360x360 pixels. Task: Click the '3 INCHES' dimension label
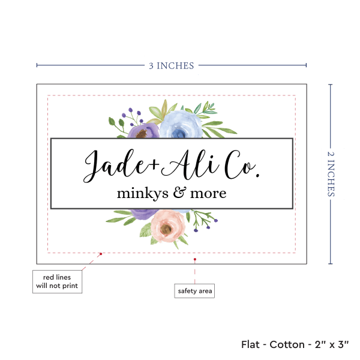[172, 66]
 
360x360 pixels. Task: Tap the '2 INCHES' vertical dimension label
[332, 173]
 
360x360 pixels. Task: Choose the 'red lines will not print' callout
[58, 281]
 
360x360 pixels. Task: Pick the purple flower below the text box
[142, 214]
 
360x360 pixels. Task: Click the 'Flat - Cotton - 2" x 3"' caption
[295, 344]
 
